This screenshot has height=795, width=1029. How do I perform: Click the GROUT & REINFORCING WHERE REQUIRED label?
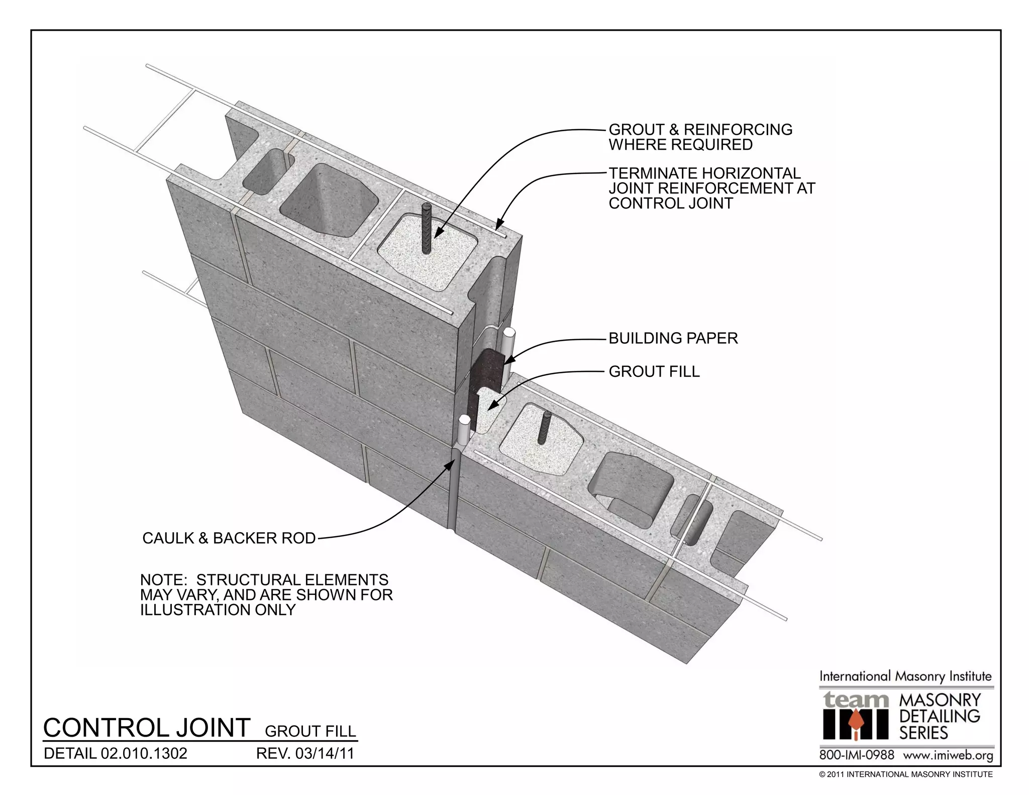(700, 137)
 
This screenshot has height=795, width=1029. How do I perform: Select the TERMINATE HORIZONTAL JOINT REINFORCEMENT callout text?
(711, 188)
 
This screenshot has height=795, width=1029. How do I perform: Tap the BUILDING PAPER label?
(673, 338)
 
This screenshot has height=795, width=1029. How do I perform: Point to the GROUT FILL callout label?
(654, 371)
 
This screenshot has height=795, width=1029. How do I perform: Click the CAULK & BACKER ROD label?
(229, 538)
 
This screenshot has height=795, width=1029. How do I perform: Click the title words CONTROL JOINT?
(147, 728)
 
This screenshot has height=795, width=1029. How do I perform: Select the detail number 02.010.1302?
(144, 753)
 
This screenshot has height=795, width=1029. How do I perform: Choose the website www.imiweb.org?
(948, 755)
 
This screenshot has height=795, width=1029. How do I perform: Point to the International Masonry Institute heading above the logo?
(905, 676)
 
